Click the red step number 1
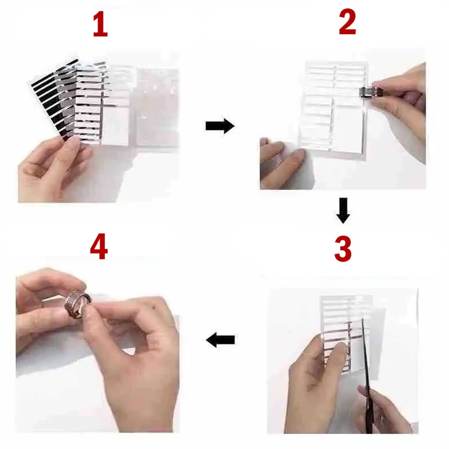100,25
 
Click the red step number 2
347,22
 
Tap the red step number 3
343,249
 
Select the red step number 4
99,246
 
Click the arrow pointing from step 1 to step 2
220,126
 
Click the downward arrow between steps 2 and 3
343,210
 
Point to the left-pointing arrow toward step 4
221,340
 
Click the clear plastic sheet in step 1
156,106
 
